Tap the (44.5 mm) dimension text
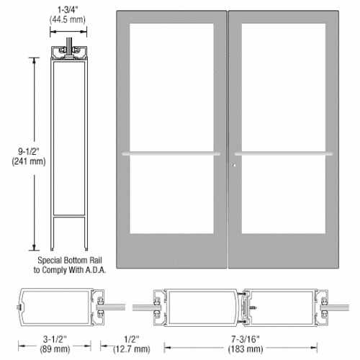click(x=70, y=21)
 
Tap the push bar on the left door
click(x=171, y=153)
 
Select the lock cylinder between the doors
click(x=234, y=169)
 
